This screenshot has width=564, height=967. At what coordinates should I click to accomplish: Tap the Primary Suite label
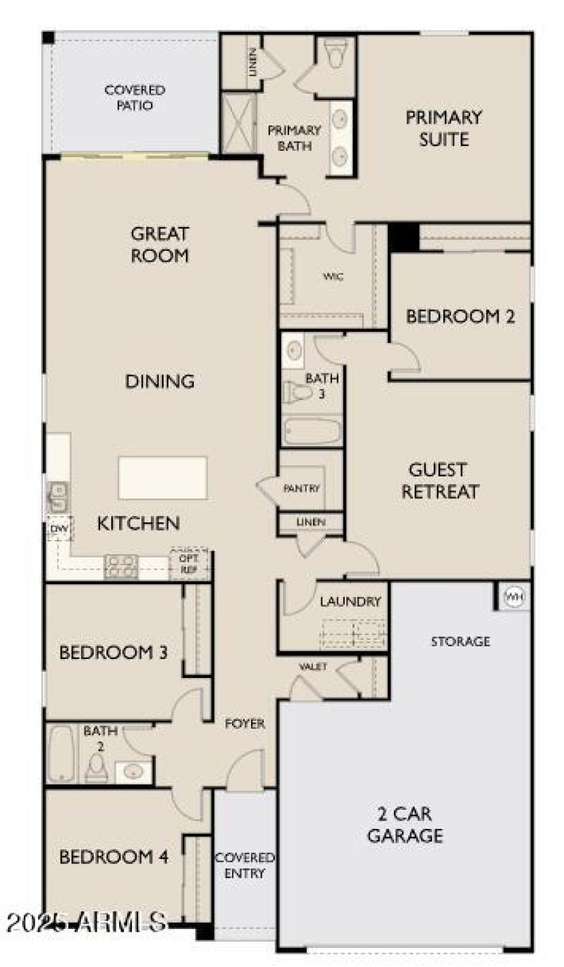[x=443, y=128]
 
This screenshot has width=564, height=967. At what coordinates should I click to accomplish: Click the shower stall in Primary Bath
[x=238, y=123]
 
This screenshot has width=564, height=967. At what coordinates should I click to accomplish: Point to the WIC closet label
[x=333, y=276]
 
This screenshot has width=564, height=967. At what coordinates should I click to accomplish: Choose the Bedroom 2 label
[x=460, y=316]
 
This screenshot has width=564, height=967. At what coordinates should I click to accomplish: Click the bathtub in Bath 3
[x=312, y=430]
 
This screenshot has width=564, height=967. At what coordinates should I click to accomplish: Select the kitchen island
[x=163, y=477]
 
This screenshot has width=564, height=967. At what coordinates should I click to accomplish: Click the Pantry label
[x=302, y=488]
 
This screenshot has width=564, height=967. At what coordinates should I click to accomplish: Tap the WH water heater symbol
[x=514, y=598]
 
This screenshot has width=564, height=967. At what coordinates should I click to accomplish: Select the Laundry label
[x=350, y=602]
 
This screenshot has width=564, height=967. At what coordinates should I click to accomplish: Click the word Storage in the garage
[x=460, y=641]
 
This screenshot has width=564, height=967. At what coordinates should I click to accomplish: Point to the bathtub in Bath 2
[x=62, y=754]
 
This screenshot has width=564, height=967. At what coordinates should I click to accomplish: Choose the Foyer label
[x=245, y=724]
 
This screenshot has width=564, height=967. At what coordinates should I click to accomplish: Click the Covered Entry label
[x=245, y=865]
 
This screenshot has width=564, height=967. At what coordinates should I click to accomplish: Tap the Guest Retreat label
[x=440, y=480]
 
